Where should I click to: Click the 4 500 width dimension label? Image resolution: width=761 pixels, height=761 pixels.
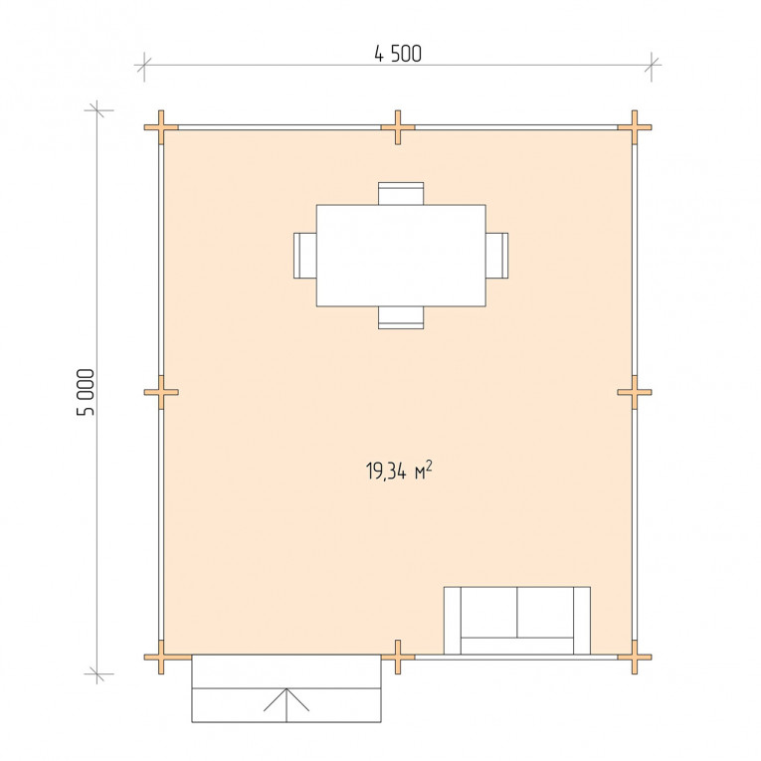click(x=398, y=54)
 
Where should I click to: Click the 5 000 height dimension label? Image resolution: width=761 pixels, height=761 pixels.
click(x=86, y=392)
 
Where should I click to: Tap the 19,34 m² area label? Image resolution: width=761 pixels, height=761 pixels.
click(x=399, y=471)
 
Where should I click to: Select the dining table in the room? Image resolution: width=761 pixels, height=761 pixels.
click(x=401, y=256)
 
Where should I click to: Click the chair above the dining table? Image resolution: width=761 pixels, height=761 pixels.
click(x=401, y=193)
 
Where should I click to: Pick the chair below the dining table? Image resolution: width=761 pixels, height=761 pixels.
click(x=401, y=318)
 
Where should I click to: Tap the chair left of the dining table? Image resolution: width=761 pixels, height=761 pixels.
click(x=305, y=256)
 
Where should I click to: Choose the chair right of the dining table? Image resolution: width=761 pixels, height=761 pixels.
click(x=497, y=256)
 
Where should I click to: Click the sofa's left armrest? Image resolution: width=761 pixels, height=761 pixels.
click(x=453, y=621)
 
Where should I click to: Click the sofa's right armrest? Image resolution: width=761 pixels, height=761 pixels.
click(x=582, y=621)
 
